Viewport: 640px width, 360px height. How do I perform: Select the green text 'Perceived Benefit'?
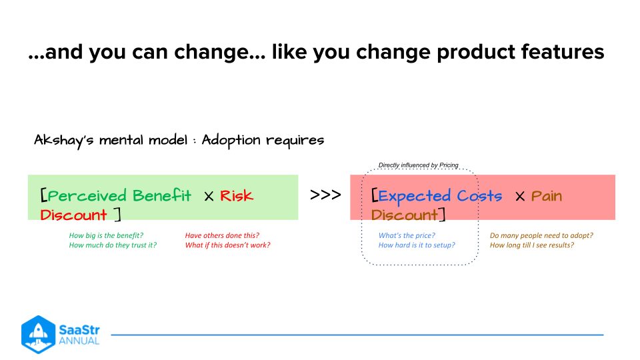tap(119, 195)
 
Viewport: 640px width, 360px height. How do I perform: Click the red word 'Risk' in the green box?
tap(237, 195)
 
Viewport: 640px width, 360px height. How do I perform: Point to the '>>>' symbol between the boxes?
tap(325, 195)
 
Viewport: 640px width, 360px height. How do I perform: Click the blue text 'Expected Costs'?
tap(440, 195)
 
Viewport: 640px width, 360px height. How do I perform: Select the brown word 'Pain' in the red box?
tap(547, 195)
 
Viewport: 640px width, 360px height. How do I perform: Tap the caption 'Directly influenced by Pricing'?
tap(418, 165)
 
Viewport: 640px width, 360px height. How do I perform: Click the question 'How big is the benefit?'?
tap(106, 235)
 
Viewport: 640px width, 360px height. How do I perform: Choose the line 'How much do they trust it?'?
tap(112, 245)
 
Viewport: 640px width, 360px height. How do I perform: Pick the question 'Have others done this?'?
tap(222, 235)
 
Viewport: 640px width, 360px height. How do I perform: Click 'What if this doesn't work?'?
tap(227, 245)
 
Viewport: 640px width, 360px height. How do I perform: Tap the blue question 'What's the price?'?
tap(407, 235)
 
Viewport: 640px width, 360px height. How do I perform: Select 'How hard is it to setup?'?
tap(417, 245)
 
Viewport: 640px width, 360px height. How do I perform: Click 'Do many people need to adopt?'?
tap(541, 235)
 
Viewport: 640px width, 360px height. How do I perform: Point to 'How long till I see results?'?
tap(532, 245)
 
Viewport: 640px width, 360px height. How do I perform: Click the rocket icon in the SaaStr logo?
tap(37, 334)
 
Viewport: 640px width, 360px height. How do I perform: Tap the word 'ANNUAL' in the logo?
tap(79, 341)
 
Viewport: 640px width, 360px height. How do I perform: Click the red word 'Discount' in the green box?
tap(73, 215)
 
